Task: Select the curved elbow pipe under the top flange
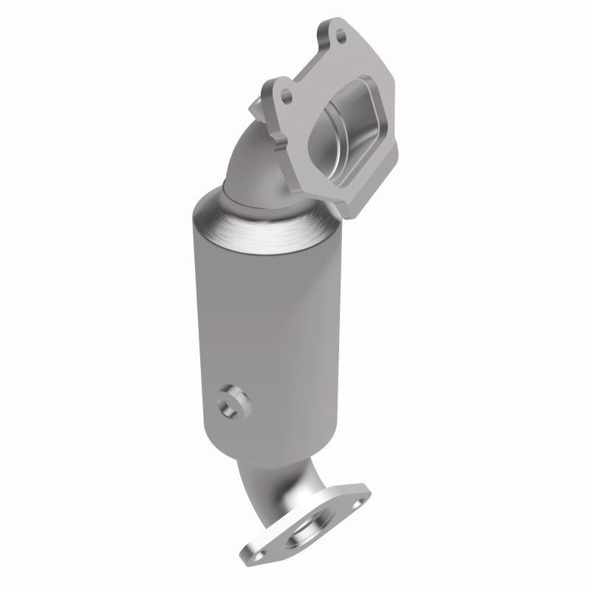point(255,159)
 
